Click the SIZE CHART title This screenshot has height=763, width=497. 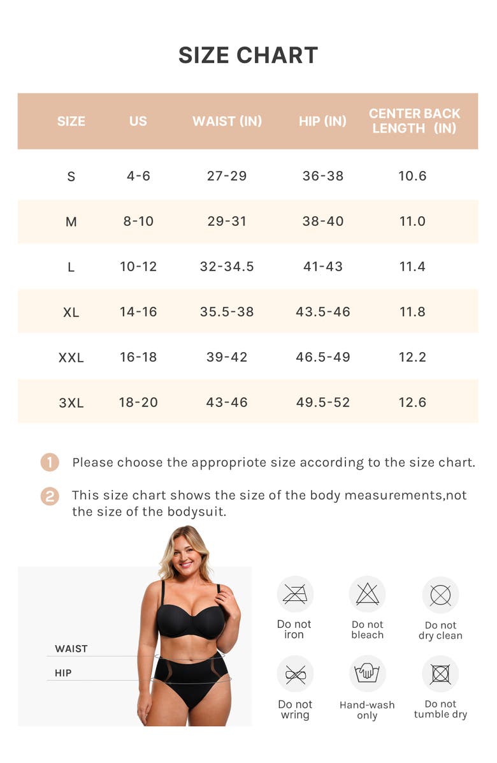click(248, 56)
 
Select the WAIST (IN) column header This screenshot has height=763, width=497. click(227, 121)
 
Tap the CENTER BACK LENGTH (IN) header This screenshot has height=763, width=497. click(414, 121)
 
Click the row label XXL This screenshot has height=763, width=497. click(71, 357)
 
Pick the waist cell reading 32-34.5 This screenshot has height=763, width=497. click(227, 267)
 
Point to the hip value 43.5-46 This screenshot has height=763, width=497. click(322, 312)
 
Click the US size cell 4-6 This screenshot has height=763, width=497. click(138, 176)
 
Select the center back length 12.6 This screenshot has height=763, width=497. click(412, 403)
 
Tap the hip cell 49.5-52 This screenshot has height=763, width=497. click(322, 403)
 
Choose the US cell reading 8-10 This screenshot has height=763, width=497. click(138, 221)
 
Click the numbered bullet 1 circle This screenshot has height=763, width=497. click(50, 463)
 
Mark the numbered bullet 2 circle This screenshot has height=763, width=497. click(50, 496)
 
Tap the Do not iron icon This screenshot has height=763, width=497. click(295, 595)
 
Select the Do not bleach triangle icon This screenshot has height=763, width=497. click(368, 595)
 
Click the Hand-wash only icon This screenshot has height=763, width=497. click(368, 674)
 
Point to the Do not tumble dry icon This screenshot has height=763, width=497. click(440, 674)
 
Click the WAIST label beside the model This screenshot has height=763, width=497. click(71, 649)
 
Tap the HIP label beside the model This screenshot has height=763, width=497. click(63, 673)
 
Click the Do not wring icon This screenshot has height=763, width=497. click(295, 674)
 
